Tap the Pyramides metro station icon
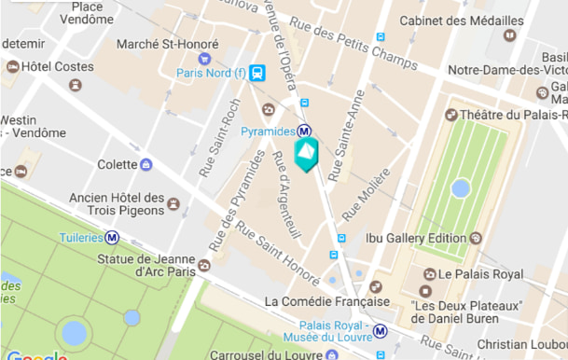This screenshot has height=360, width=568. click(304, 132)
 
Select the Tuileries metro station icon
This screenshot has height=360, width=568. click(112, 238)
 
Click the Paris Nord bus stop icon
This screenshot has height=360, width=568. click(257, 72)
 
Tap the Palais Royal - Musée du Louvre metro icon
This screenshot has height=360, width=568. click(381, 330)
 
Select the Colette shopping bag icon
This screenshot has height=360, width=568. click(145, 164)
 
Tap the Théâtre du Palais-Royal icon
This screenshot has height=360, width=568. click(451, 115)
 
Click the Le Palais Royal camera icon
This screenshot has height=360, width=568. click(429, 274)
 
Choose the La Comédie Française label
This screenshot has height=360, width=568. click(326, 301)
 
